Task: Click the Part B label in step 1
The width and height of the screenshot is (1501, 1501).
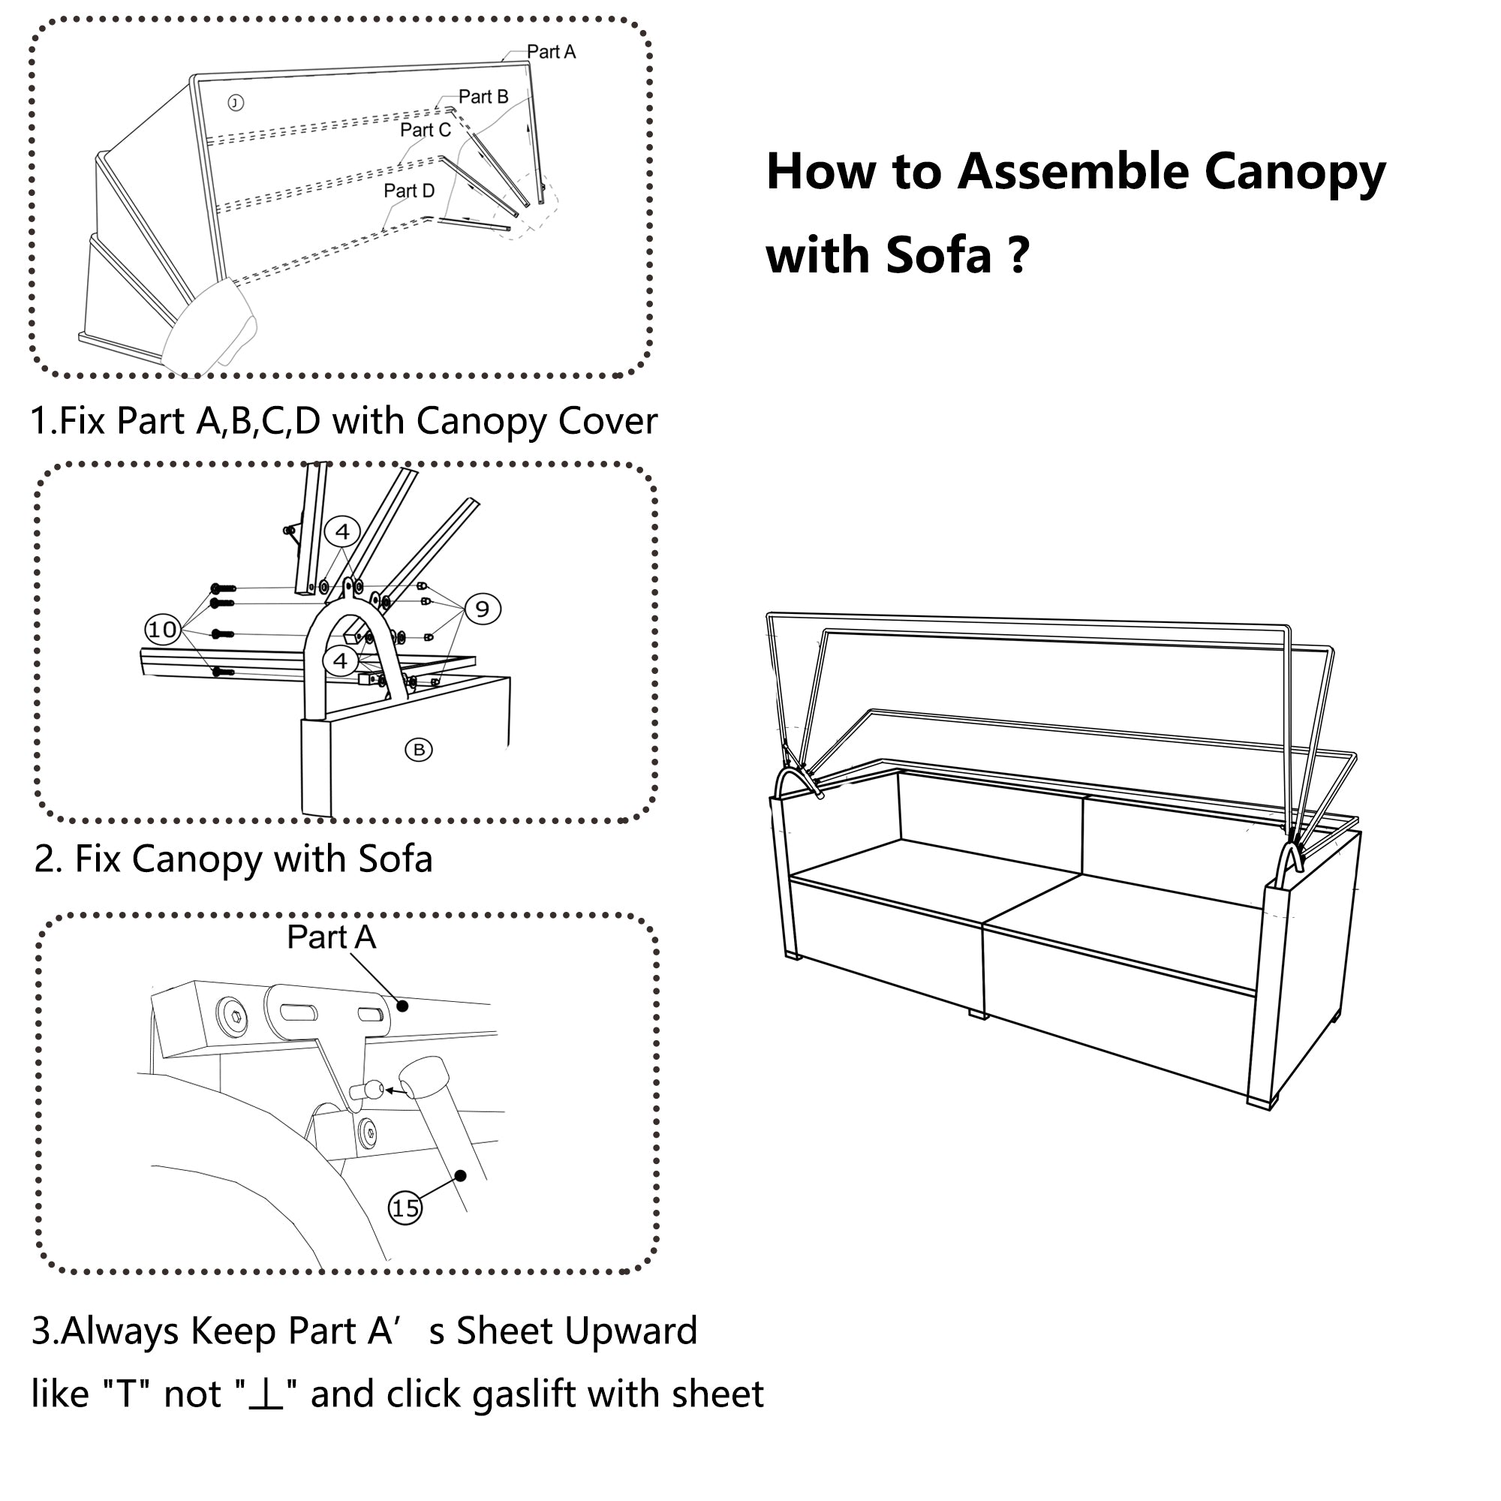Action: pos(483,97)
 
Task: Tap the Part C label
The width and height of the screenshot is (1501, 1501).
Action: pos(425,131)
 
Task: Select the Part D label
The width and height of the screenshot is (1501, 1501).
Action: pos(409,191)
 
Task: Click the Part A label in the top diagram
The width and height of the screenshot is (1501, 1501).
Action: pos(551,52)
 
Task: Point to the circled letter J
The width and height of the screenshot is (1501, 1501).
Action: pos(236,103)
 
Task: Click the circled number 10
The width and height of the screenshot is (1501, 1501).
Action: pos(162,630)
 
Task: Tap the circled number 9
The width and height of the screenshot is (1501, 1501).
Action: pos(483,609)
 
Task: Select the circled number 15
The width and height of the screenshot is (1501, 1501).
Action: pos(405,1208)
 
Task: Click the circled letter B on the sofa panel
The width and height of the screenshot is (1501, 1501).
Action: pos(419,750)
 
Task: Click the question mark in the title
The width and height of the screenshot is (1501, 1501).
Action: pos(1021,255)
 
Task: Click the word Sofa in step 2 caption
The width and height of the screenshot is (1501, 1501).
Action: pos(395,859)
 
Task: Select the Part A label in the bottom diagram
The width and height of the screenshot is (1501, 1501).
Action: pos(332,937)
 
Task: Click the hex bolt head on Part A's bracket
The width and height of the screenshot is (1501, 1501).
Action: pos(234,1016)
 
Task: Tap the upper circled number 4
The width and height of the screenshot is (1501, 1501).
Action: pos(341,532)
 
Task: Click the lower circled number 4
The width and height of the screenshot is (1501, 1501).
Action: pos(340,661)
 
